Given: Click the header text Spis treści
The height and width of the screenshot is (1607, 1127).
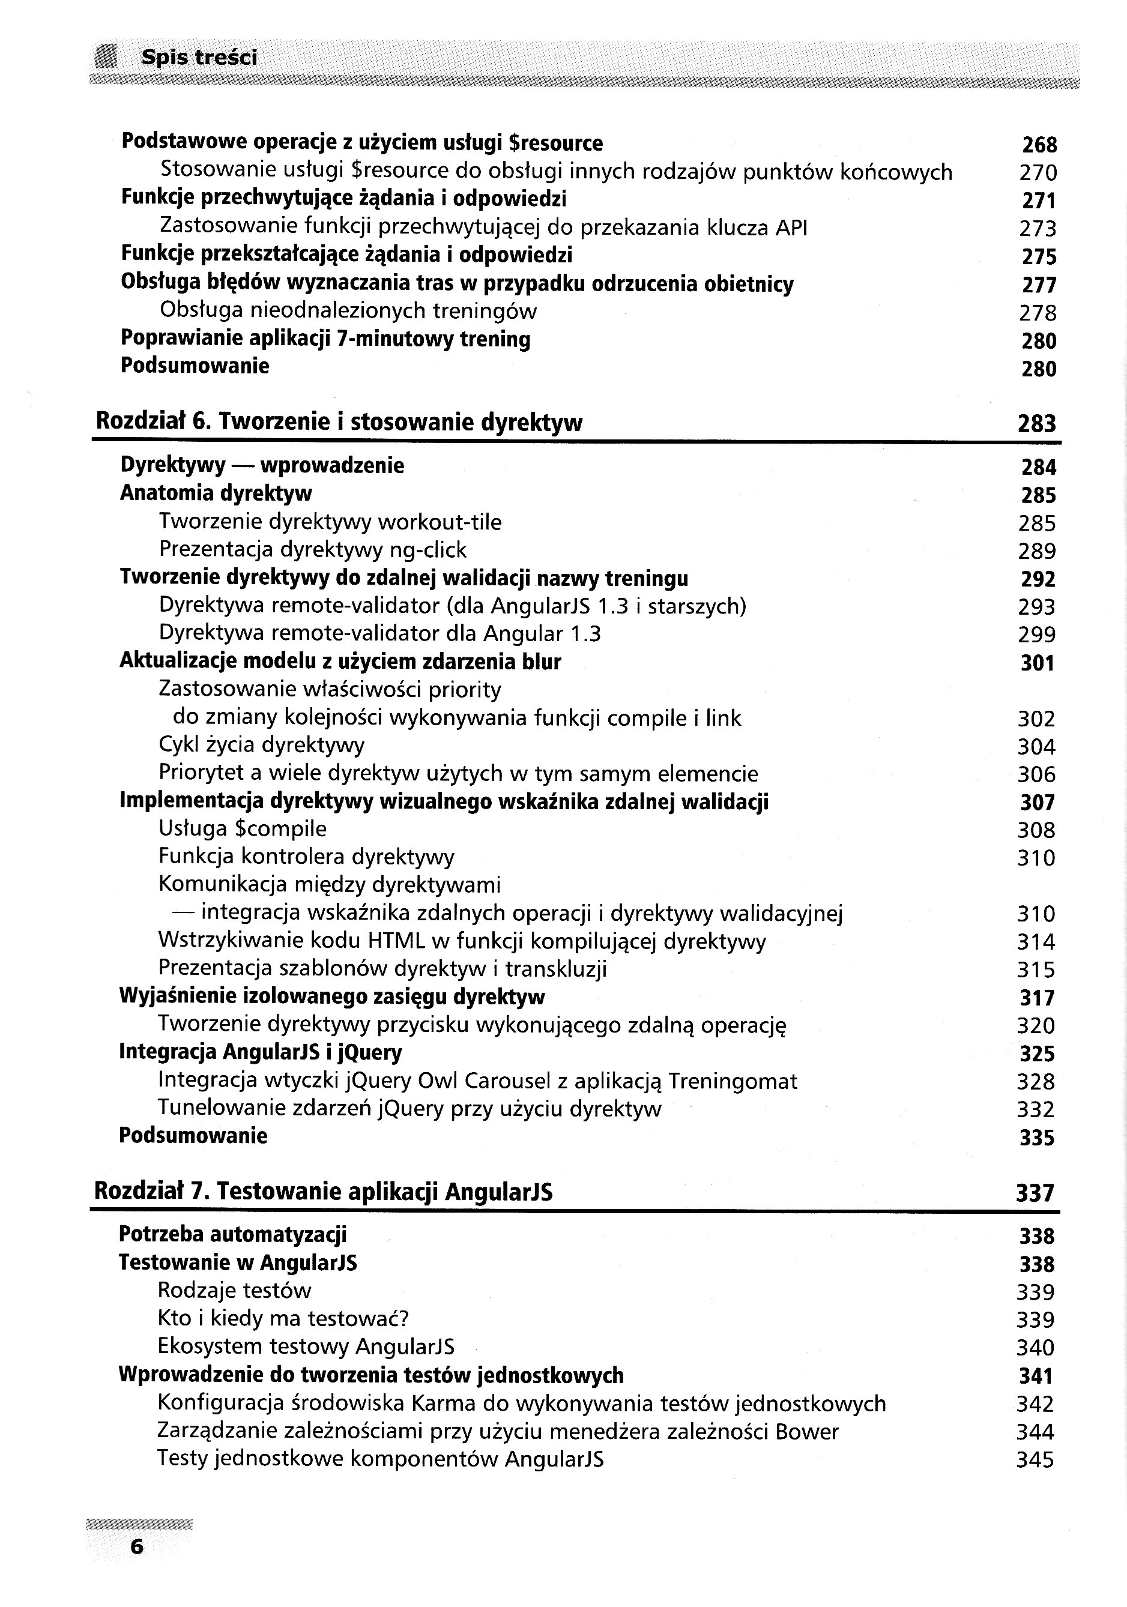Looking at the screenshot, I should coord(199,58).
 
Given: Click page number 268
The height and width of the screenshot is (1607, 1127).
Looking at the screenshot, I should coord(1039,145).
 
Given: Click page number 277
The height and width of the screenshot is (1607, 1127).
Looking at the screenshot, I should coord(1039,285).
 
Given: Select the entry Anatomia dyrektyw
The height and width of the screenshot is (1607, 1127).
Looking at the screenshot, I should coord(216,493).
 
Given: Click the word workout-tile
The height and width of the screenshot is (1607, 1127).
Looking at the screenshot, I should coord(439,522).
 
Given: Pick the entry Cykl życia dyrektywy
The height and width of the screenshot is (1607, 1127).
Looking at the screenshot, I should coord(261,745).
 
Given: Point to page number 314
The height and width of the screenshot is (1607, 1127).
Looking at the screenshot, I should coord(1035,942).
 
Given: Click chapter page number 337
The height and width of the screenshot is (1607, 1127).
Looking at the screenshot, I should coord(1035,1193).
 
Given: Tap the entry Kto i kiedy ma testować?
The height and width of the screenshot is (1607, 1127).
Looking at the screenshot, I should coord(283,1319).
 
